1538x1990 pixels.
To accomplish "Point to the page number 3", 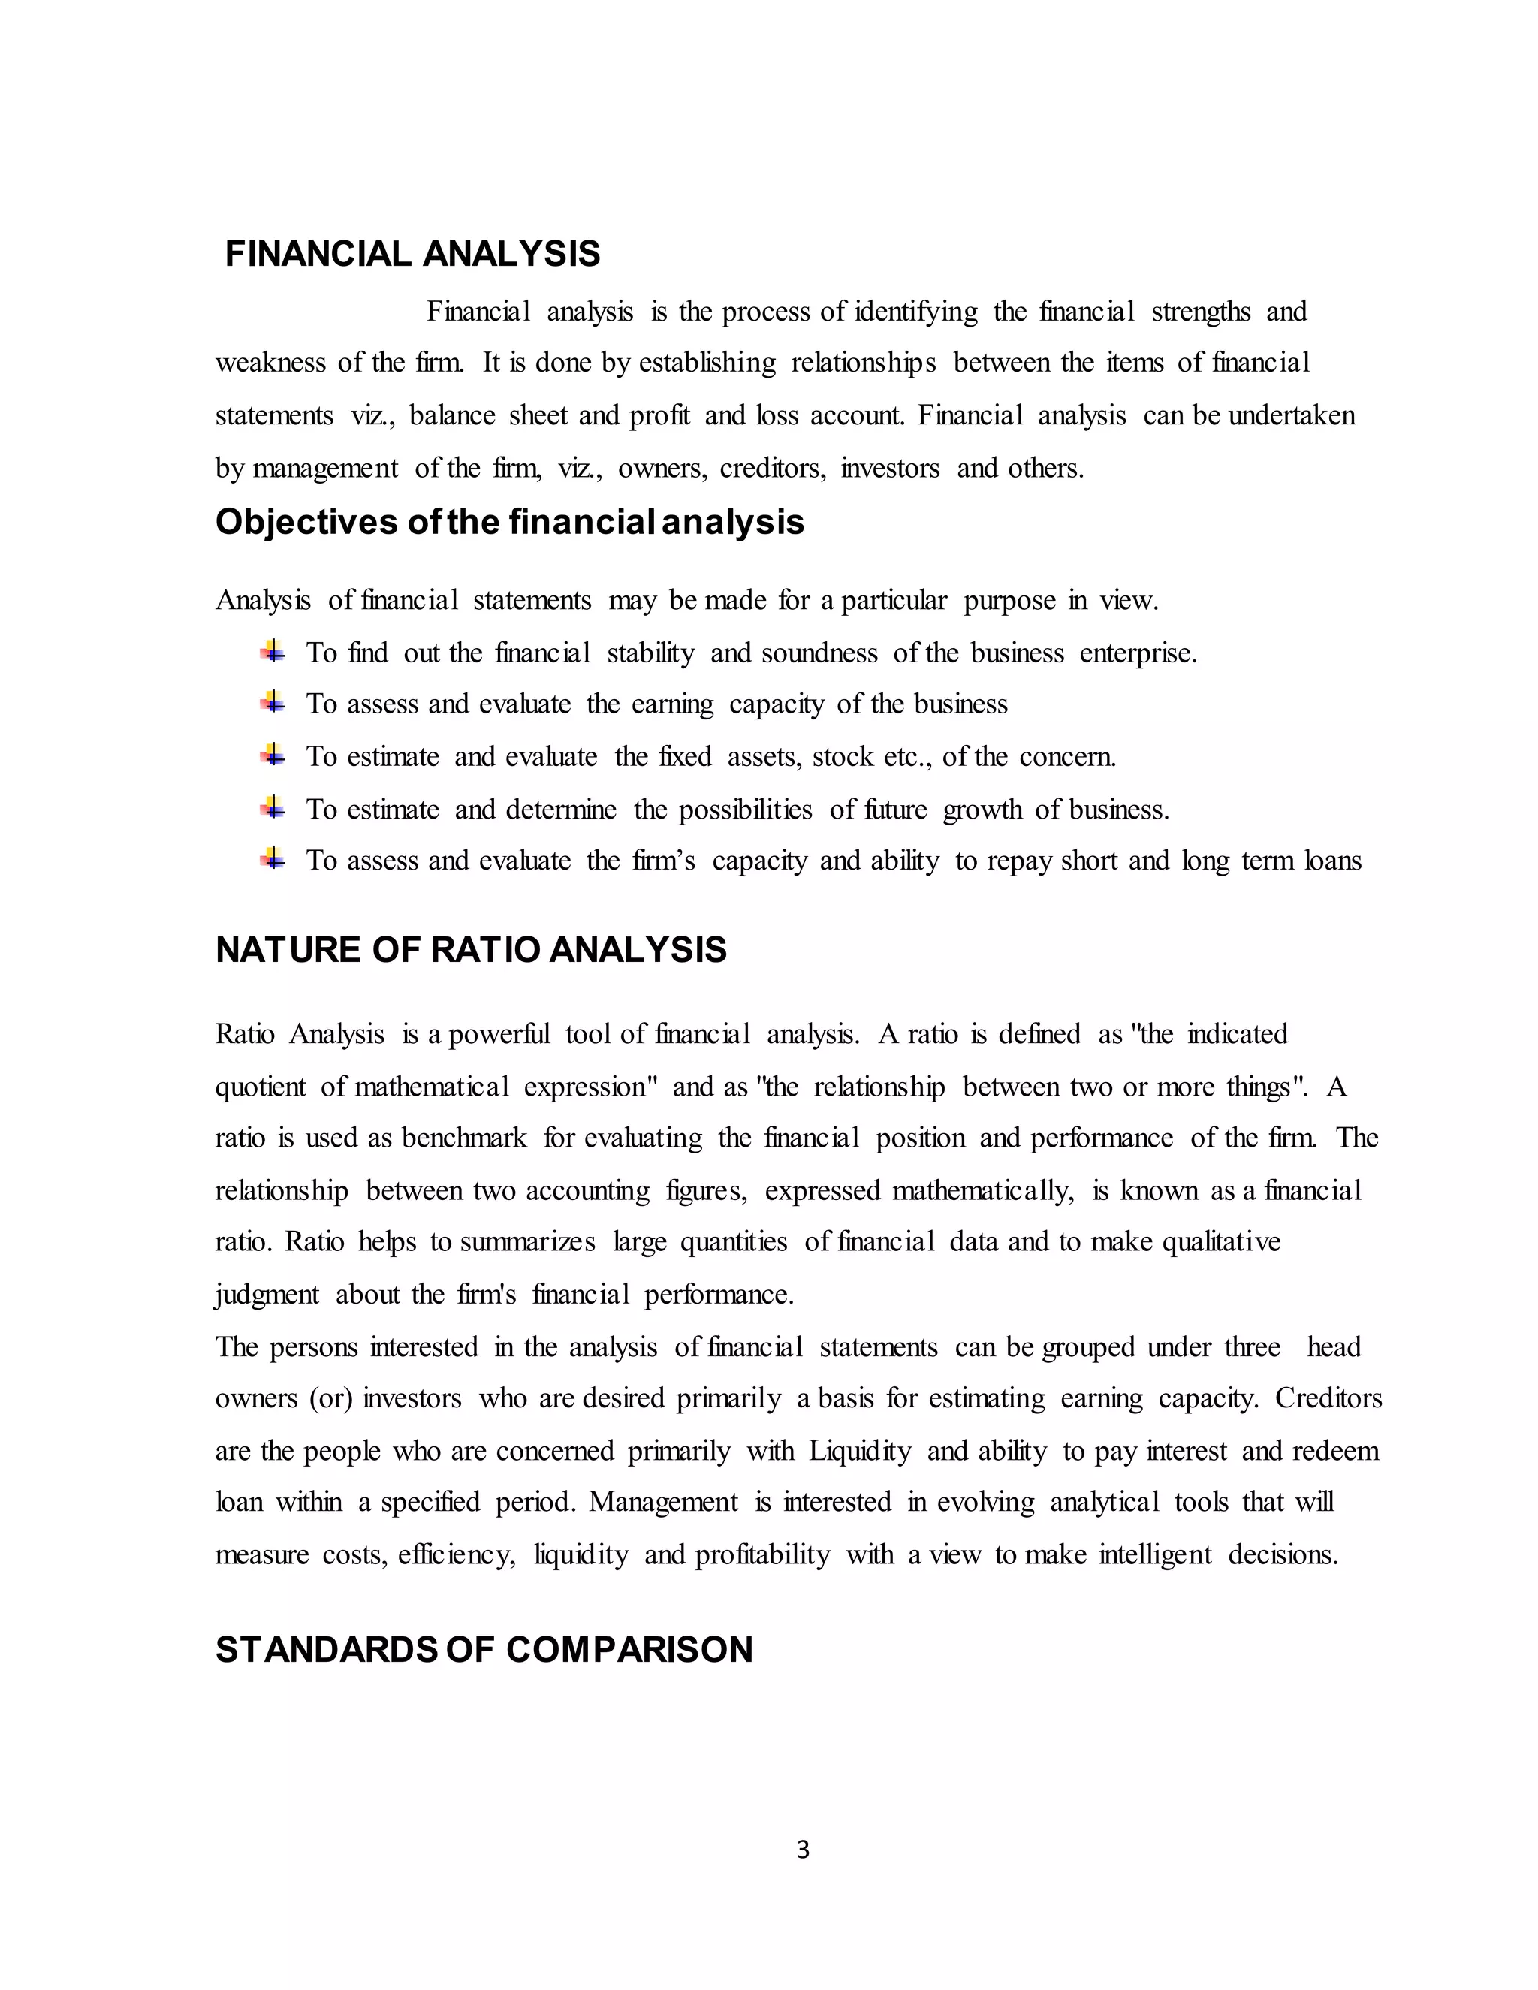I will [803, 1850].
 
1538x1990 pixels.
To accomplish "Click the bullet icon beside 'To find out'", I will [273, 652].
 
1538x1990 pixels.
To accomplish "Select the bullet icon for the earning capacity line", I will [273, 703].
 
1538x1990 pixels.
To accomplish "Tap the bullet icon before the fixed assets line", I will [273, 755].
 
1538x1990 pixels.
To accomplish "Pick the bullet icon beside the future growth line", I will [273, 807].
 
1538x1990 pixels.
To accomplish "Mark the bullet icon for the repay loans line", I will [273, 858].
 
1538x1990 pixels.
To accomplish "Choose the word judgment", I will [267, 1295].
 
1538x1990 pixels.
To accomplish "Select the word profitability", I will [763, 1555].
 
